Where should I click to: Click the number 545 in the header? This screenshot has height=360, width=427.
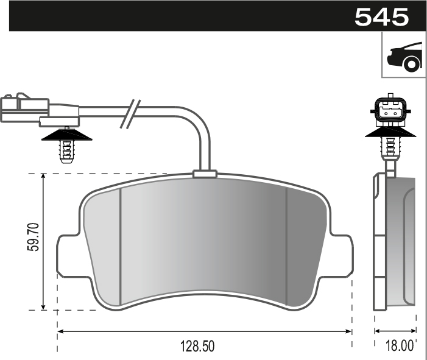click(381, 16)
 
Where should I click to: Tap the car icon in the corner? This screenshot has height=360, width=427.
click(404, 55)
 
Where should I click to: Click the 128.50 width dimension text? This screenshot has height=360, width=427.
click(197, 347)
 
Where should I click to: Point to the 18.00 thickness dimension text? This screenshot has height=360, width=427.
click(400, 347)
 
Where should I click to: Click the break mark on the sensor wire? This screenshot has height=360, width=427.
click(129, 113)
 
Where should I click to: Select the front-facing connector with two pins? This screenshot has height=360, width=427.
click(390, 110)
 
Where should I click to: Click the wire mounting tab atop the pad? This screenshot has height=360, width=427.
click(205, 175)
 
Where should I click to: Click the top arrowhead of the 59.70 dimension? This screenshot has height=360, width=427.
click(44, 177)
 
